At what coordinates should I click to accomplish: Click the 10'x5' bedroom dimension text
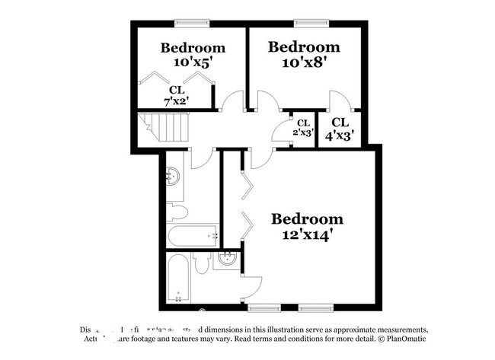pyautogui.click(x=192, y=63)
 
